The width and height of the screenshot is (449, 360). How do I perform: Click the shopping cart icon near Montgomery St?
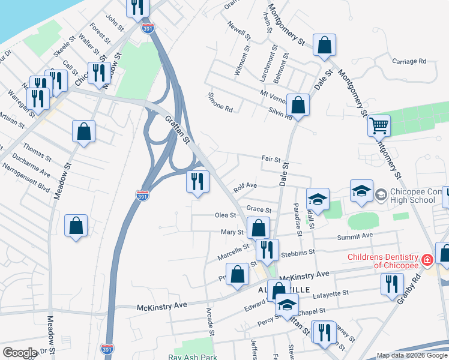pos(379,126)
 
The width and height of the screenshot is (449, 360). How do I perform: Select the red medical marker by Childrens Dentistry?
pos(427,260)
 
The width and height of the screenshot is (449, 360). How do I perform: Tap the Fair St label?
pos(271,160)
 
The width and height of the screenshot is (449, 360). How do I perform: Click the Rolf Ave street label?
pos(246,187)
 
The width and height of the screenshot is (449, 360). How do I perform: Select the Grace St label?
pos(259,210)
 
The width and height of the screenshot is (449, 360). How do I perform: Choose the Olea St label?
pos(226,215)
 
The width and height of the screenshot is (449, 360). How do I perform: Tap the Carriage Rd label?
pos(409,61)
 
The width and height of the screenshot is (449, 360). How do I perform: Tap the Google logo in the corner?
pos(20,352)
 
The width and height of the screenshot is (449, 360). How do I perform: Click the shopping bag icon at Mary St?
pos(258,229)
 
